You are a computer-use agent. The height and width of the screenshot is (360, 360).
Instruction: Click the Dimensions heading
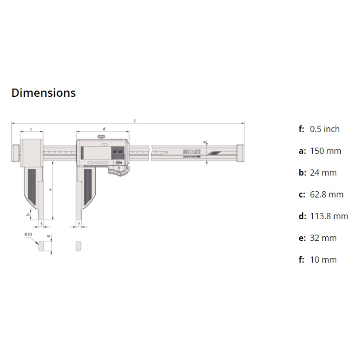43,93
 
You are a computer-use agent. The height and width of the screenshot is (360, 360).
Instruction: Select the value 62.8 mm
327,194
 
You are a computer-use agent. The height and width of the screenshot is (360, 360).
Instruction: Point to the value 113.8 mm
329,216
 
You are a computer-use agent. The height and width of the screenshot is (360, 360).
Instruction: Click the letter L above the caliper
135,120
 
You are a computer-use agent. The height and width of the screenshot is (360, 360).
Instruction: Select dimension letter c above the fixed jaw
31,129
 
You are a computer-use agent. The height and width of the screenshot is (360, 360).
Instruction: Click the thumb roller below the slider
120,172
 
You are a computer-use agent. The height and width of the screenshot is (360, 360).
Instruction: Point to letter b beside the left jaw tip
29,215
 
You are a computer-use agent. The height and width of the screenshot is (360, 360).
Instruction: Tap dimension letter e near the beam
204,142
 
